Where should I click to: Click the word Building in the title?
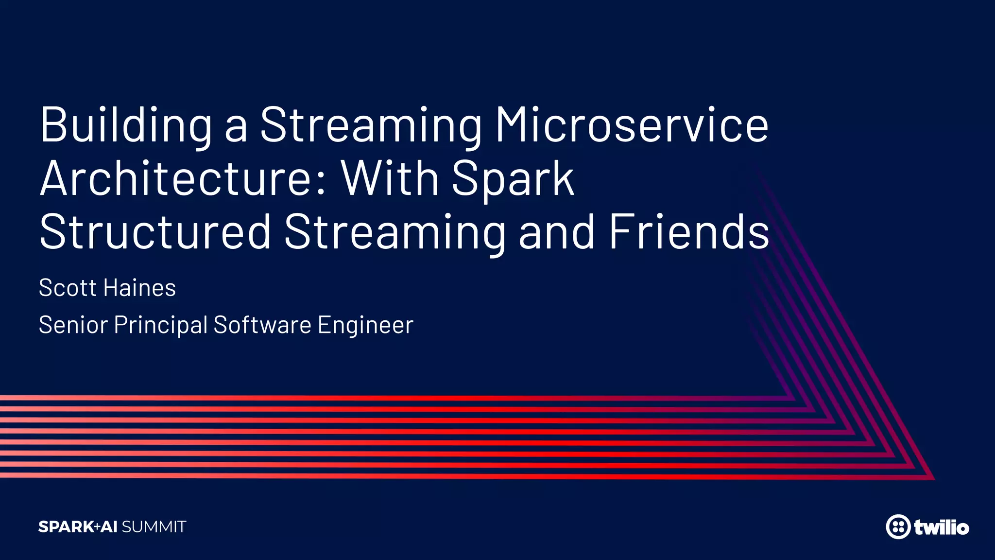click(126, 125)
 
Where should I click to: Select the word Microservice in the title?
click(631, 125)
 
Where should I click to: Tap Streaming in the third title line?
click(395, 233)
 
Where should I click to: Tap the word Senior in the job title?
click(73, 325)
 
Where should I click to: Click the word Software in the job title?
click(262, 325)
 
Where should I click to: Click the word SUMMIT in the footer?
click(154, 527)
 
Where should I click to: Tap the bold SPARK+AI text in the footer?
click(78, 527)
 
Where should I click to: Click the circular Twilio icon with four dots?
click(898, 527)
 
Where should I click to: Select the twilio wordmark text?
click(941, 527)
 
